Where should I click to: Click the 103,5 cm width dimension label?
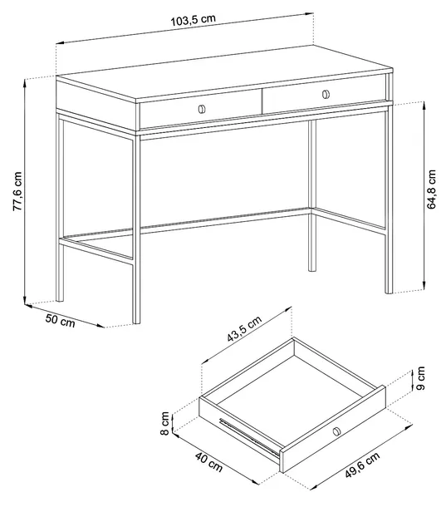[x=193, y=21]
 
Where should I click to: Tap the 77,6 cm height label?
[x=17, y=191]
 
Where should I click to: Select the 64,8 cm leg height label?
[x=432, y=190]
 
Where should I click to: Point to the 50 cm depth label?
[x=60, y=321]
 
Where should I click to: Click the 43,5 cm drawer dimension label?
[x=243, y=328]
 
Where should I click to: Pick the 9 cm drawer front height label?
[x=420, y=378]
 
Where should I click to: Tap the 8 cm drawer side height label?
[x=164, y=423]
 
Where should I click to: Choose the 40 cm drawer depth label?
[x=208, y=462]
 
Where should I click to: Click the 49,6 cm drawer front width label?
[x=362, y=465]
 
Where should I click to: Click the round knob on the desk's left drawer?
[x=201, y=109]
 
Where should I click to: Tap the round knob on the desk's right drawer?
[x=326, y=94]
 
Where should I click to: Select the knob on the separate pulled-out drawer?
[x=336, y=431]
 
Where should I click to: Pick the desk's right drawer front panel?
[x=325, y=94]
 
